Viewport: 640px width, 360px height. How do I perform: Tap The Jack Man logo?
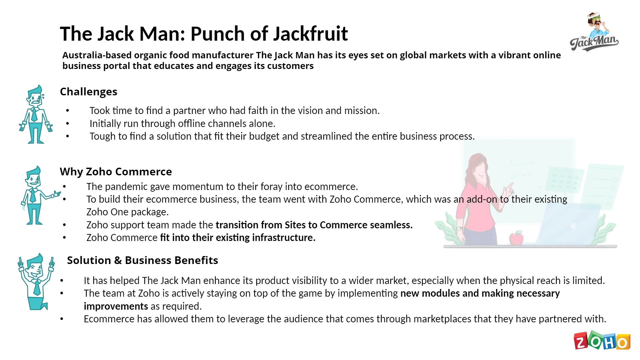594,32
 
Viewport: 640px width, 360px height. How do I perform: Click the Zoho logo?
602,340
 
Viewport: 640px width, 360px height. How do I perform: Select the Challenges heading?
89,92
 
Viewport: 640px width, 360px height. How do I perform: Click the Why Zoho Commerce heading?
116,172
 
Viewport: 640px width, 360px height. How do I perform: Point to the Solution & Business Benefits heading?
143,260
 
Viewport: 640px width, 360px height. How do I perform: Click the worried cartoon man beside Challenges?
36,114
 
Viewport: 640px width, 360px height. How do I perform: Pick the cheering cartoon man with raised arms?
36,282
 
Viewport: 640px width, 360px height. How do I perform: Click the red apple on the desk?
516,238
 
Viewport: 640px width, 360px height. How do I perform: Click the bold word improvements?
116,306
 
